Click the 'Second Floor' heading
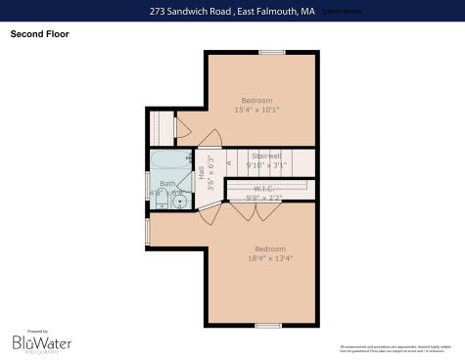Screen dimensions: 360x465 point(39,34)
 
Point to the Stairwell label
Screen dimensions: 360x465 point(266,156)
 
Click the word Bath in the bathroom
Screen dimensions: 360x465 point(167,183)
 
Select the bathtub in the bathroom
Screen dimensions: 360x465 point(170,162)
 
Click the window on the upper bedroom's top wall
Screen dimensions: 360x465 point(272,51)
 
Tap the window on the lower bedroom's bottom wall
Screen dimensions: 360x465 point(267,325)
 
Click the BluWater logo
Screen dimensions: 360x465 point(36,341)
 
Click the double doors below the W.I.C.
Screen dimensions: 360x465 point(243,208)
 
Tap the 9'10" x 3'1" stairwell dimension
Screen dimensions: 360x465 point(266,165)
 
